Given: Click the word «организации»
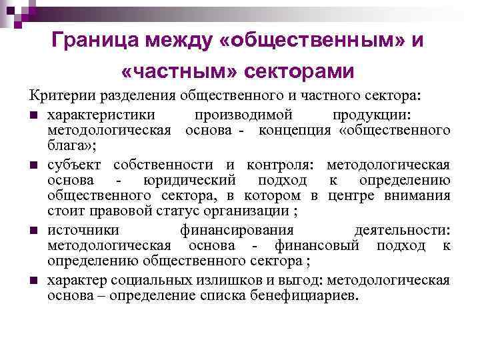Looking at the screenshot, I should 251,213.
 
